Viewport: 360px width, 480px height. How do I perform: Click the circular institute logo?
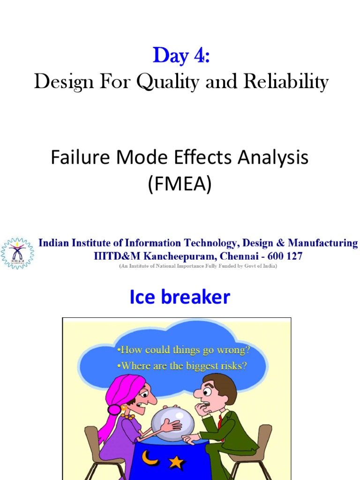(x=17, y=253)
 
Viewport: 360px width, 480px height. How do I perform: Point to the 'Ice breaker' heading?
(x=180, y=297)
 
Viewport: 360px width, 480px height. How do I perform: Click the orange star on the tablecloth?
(x=176, y=463)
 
